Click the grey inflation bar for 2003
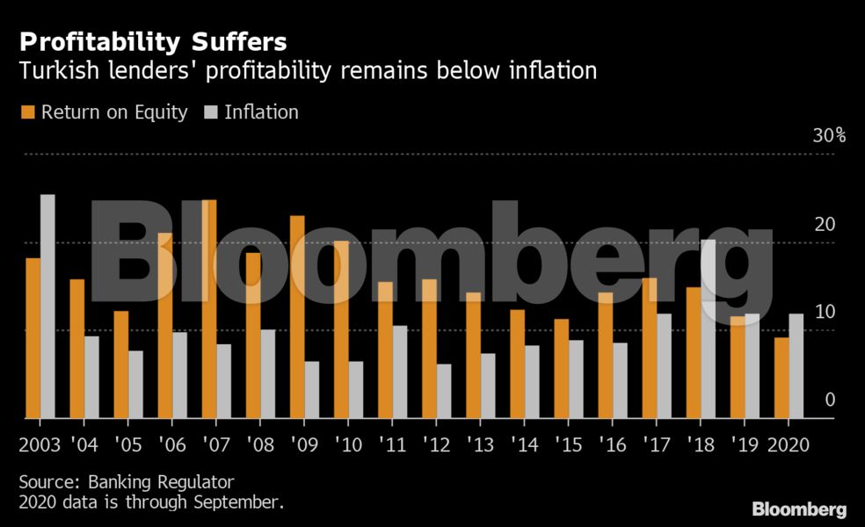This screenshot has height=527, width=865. point(47,307)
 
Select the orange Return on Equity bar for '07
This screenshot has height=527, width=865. point(209,309)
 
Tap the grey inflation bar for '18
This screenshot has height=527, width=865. point(708,329)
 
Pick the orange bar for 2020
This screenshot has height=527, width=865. point(781,379)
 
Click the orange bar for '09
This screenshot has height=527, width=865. point(297,317)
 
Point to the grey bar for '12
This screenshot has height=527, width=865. point(444,392)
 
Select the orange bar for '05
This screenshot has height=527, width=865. point(121,365)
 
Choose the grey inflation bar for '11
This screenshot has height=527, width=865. point(400,372)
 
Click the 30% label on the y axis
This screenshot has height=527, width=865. point(828,136)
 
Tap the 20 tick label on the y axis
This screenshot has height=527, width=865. point(824,225)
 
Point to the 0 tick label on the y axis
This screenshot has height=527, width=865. point(829,401)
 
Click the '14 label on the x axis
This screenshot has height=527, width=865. point(524,445)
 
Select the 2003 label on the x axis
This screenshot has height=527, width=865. point(40,445)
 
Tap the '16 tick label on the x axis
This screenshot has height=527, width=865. point(612,445)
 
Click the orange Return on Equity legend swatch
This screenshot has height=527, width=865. point(26,112)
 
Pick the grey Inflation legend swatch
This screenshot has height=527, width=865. point(210,112)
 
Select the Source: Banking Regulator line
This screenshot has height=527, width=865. point(127,482)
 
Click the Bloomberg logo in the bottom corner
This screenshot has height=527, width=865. point(799,509)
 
